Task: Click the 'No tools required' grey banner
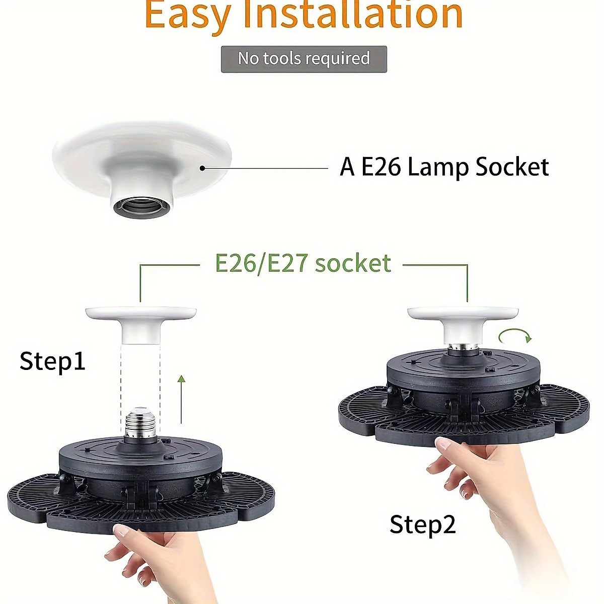click(x=304, y=59)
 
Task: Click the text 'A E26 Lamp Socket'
click(x=444, y=167)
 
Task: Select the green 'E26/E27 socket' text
click(x=303, y=263)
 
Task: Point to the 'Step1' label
click(x=52, y=361)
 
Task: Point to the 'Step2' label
click(x=422, y=524)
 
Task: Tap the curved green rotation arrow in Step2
click(x=515, y=336)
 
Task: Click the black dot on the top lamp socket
click(x=202, y=168)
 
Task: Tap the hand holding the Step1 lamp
click(x=156, y=559)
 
